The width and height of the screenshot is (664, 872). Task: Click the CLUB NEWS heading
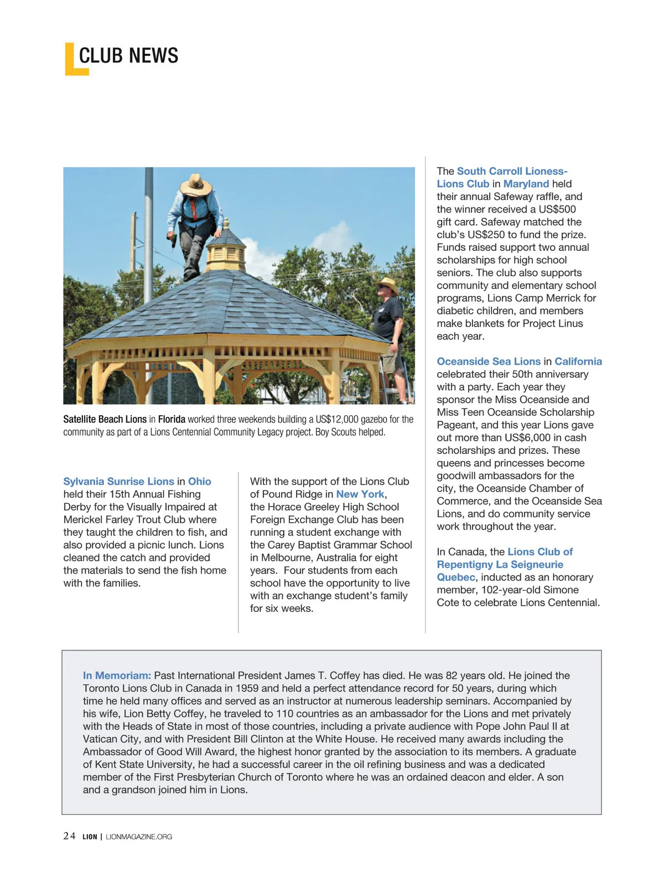[128, 56]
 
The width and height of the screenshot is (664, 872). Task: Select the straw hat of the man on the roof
[196, 184]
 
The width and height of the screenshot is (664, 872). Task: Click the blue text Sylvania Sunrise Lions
[118, 482]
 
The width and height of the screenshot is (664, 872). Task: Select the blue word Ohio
[200, 482]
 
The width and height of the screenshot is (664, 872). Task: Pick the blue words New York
[360, 494]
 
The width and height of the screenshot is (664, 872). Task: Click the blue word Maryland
[526, 184]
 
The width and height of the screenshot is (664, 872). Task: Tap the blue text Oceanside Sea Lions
[489, 362]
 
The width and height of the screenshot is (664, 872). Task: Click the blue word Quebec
[456, 577]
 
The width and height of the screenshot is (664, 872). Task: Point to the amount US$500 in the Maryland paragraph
[557, 209]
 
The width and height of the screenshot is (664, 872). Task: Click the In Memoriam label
[117, 675]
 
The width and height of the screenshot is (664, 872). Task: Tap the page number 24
[69, 836]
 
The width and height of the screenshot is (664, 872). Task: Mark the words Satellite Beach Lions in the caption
[105, 419]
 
